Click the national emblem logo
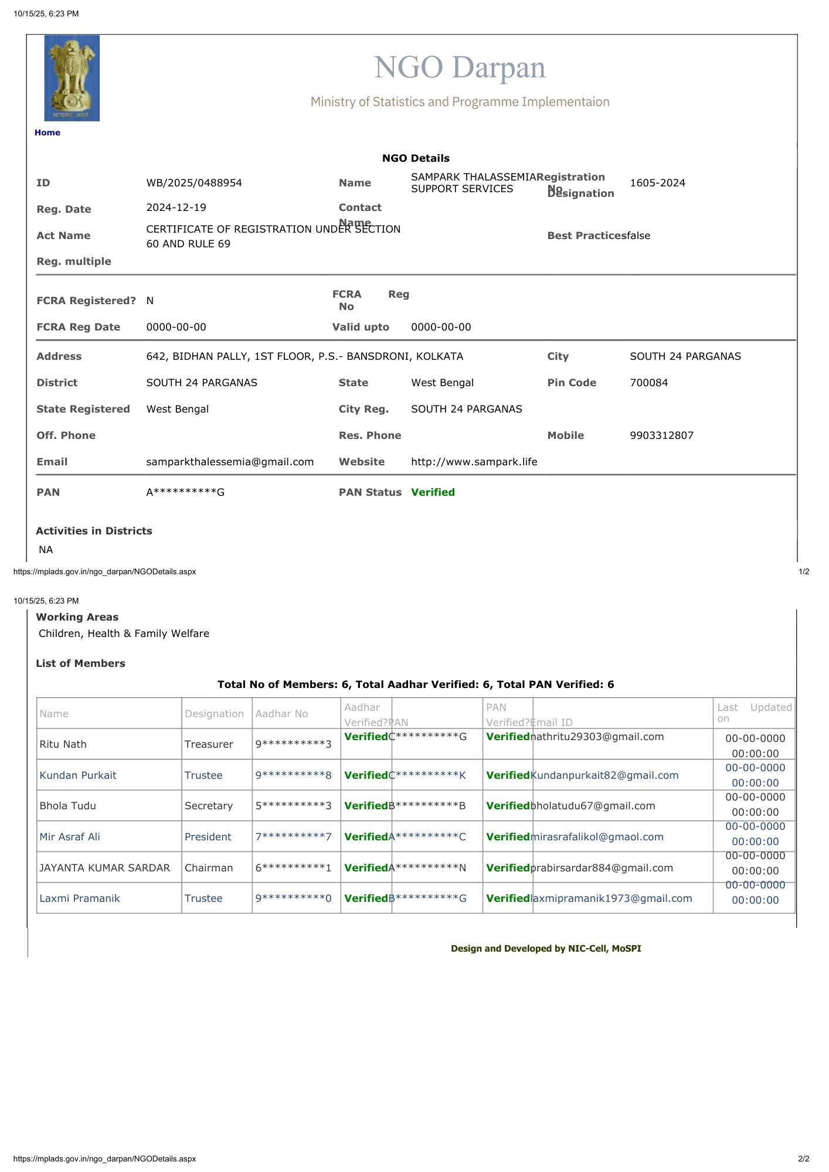click(x=72, y=78)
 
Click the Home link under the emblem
click(x=47, y=132)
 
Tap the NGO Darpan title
click(x=460, y=67)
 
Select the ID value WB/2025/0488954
click(x=194, y=183)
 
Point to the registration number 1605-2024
click(x=657, y=183)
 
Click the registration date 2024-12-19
click(x=176, y=207)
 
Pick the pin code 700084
click(x=648, y=383)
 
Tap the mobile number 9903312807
click(x=661, y=435)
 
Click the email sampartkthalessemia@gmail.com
click(x=230, y=462)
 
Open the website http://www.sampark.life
click(x=474, y=462)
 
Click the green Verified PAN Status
click(x=433, y=492)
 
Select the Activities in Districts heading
click(x=94, y=531)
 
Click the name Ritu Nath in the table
click(x=63, y=744)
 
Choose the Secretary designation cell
click(x=208, y=806)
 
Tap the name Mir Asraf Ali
click(x=70, y=837)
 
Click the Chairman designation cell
click(x=208, y=868)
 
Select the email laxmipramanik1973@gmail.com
click(x=611, y=898)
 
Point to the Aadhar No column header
click(x=281, y=714)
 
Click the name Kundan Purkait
click(x=78, y=775)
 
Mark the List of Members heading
click(x=80, y=663)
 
